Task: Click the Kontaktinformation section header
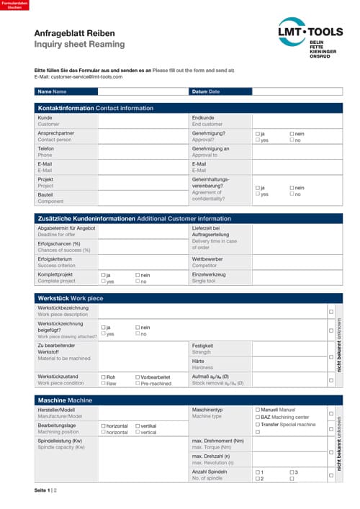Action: point(95,108)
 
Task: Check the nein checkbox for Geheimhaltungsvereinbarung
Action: point(292,188)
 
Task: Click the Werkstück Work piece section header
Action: point(71,297)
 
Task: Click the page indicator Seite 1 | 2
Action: point(46,490)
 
